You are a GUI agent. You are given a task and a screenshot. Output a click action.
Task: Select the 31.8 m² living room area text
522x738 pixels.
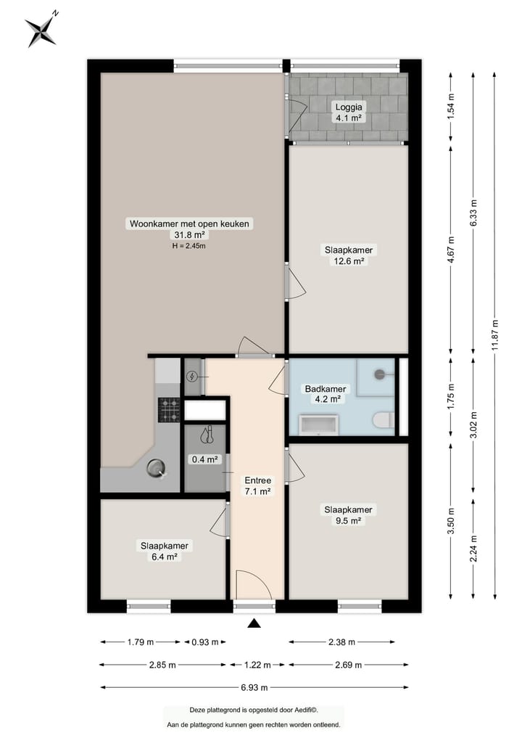click(x=189, y=235)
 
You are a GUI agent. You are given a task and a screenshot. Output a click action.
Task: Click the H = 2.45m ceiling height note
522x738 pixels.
click(x=189, y=246)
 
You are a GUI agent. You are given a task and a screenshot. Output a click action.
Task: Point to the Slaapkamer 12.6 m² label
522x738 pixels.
click(x=349, y=256)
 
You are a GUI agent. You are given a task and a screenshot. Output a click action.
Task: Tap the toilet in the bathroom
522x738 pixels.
click(x=381, y=420)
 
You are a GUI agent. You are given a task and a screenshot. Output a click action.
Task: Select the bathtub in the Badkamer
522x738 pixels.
click(x=319, y=425)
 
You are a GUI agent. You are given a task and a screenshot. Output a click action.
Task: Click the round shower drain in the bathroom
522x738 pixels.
click(x=380, y=374)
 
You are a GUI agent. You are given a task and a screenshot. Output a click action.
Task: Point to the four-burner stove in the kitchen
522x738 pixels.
click(x=170, y=411)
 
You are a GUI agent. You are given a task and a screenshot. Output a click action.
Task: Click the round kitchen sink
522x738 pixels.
click(x=157, y=470)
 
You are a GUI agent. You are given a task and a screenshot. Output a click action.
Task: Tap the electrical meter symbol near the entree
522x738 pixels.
click(x=192, y=376)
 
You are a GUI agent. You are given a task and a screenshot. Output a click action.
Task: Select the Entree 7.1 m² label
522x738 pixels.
click(x=257, y=485)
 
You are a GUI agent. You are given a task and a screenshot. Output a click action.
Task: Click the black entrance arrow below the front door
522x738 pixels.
click(x=254, y=623)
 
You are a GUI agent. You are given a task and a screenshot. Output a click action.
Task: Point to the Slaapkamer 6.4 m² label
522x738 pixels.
click(x=165, y=552)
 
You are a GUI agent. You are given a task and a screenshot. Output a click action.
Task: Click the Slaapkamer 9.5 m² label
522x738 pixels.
click(x=349, y=514)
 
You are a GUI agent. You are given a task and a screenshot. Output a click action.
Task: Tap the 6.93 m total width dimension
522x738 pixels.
click(x=254, y=687)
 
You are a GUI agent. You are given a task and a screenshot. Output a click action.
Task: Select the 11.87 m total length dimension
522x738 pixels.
click(x=495, y=334)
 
